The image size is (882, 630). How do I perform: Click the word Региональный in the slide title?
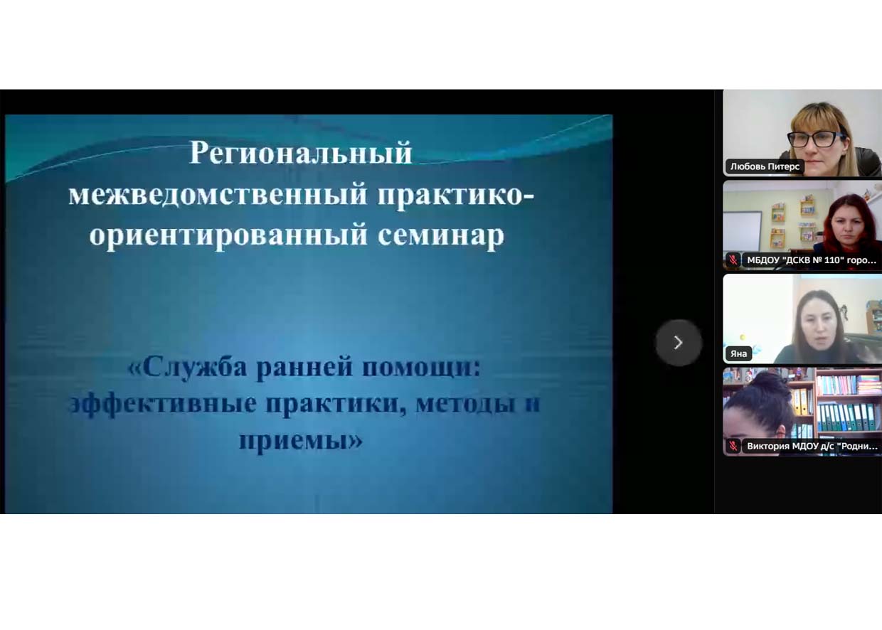(x=301, y=154)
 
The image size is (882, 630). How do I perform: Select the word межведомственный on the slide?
(x=218, y=194)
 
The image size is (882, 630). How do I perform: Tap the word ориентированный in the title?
(x=228, y=235)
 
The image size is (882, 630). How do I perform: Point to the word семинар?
(x=441, y=235)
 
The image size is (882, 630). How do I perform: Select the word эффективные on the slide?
(x=162, y=404)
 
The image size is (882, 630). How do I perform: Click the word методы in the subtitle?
(x=465, y=404)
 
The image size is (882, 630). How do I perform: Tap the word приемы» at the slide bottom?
(x=301, y=439)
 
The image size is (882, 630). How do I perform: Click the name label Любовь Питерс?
(x=765, y=166)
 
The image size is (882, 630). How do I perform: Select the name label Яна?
(x=738, y=353)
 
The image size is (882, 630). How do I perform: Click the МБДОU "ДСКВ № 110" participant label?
(x=812, y=260)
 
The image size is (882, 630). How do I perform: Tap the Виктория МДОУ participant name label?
(x=812, y=446)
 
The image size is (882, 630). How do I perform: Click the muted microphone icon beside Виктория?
(x=733, y=446)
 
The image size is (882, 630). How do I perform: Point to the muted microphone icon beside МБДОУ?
(x=733, y=260)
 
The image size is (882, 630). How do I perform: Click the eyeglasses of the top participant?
(x=815, y=139)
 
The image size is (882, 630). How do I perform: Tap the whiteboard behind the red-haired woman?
(x=743, y=231)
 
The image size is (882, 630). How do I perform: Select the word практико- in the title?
(x=455, y=196)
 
